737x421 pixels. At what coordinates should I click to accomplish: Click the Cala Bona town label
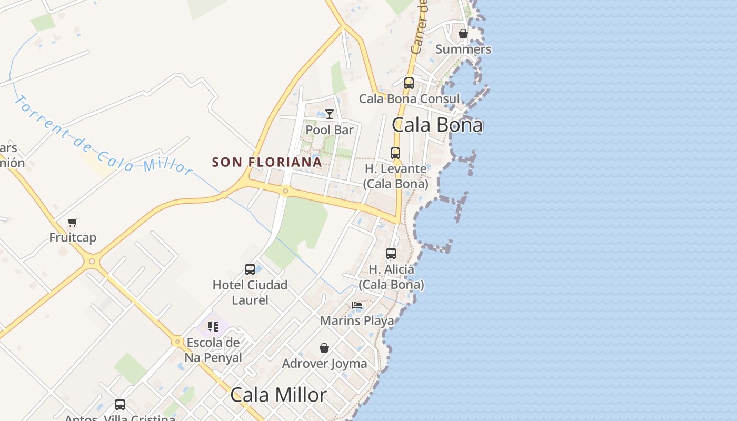tap(437, 125)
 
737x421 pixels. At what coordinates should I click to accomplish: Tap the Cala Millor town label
tap(278, 395)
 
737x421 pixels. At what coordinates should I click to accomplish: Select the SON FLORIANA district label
tap(267, 162)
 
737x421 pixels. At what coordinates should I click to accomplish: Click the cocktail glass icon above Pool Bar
tap(330, 114)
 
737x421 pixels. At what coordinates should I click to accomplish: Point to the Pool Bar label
tap(330, 130)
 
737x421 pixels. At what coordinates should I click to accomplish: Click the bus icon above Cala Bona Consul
tap(409, 83)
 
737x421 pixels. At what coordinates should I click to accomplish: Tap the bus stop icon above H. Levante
tap(395, 153)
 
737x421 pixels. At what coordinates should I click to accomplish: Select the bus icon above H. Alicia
tap(391, 254)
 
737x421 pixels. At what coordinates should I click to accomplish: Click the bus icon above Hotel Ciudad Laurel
tap(250, 269)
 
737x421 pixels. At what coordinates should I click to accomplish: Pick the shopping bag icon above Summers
tap(463, 34)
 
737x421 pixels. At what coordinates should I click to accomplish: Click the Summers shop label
tap(463, 49)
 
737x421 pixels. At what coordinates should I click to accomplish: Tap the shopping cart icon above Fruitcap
tap(73, 222)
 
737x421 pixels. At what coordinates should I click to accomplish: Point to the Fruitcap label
tap(73, 237)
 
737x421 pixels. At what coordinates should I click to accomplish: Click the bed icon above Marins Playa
tap(357, 305)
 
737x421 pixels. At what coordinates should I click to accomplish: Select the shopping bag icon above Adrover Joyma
tap(324, 348)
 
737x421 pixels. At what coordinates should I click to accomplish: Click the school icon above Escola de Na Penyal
tap(213, 327)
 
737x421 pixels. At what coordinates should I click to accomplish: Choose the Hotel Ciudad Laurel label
tap(250, 293)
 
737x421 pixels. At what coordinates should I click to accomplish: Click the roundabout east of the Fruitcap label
tap(92, 261)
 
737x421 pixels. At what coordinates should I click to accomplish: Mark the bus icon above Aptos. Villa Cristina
tap(120, 405)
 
